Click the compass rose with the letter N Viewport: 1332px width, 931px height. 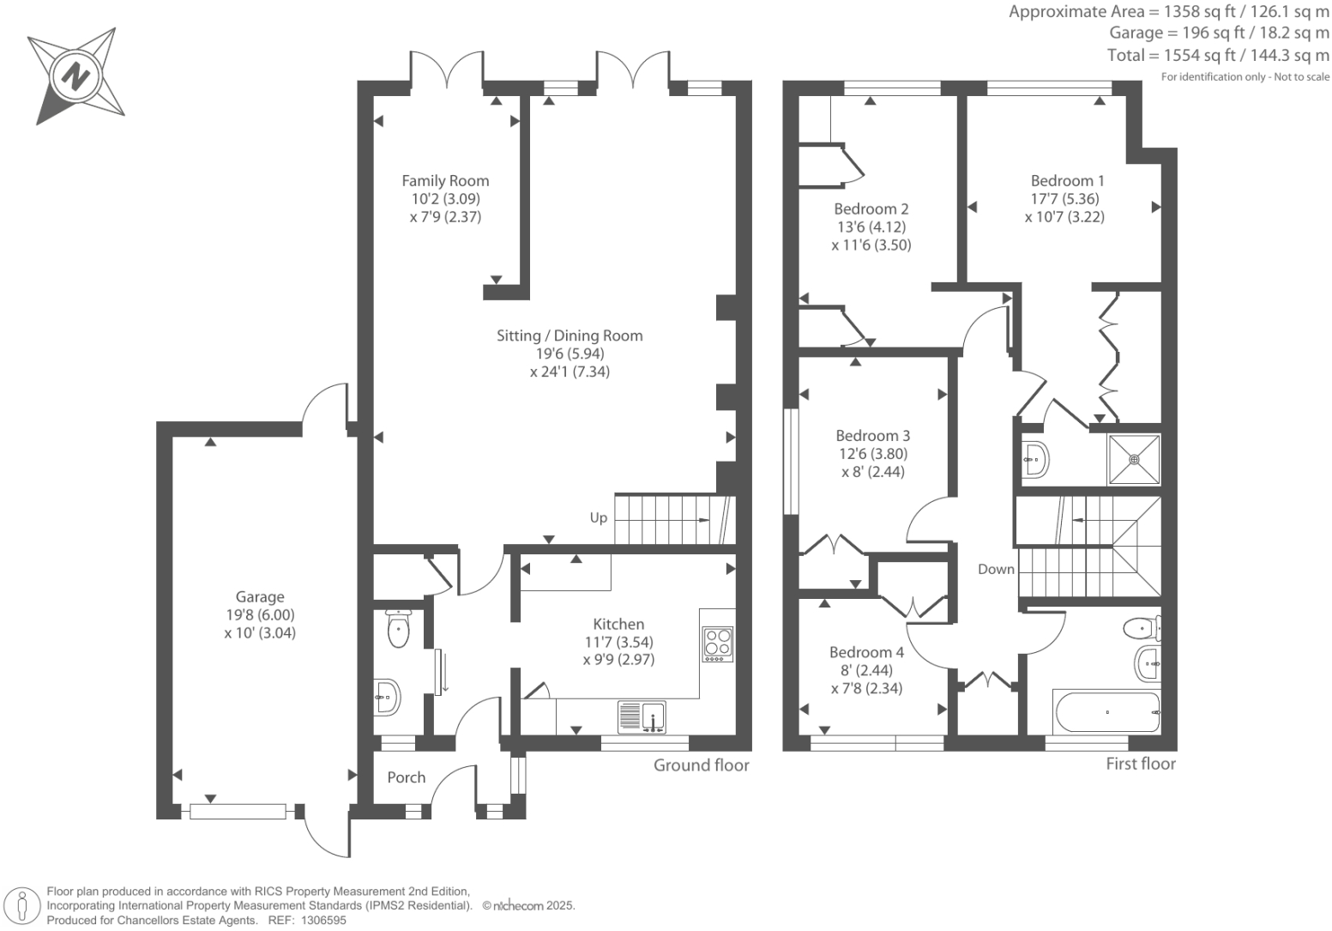tap(76, 76)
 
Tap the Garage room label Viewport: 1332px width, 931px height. tap(260, 597)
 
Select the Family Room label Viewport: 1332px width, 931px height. tap(445, 181)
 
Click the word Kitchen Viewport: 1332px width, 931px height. tap(618, 625)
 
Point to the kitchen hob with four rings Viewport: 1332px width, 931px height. tap(718, 644)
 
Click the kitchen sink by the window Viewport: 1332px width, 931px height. tap(642, 716)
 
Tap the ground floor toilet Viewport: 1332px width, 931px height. tap(399, 630)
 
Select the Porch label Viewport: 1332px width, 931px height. tap(406, 777)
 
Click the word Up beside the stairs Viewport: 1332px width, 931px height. tap(599, 517)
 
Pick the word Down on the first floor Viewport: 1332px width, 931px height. tap(996, 569)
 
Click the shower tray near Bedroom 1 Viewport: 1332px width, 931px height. tap(1134, 459)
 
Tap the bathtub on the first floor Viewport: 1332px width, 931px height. tap(1106, 712)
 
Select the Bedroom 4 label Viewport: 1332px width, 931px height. tap(866, 652)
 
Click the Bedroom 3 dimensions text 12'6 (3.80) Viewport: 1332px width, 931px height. tap(872, 454)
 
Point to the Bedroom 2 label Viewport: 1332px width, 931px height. tap(871, 209)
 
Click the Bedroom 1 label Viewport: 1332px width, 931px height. tap(1067, 181)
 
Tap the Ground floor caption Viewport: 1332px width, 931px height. tap(701, 765)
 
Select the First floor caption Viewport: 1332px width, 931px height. tap(1140, 764)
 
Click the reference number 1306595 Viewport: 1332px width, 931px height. tap(320, 920)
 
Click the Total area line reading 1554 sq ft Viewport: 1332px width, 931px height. tap(1218, 56)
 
